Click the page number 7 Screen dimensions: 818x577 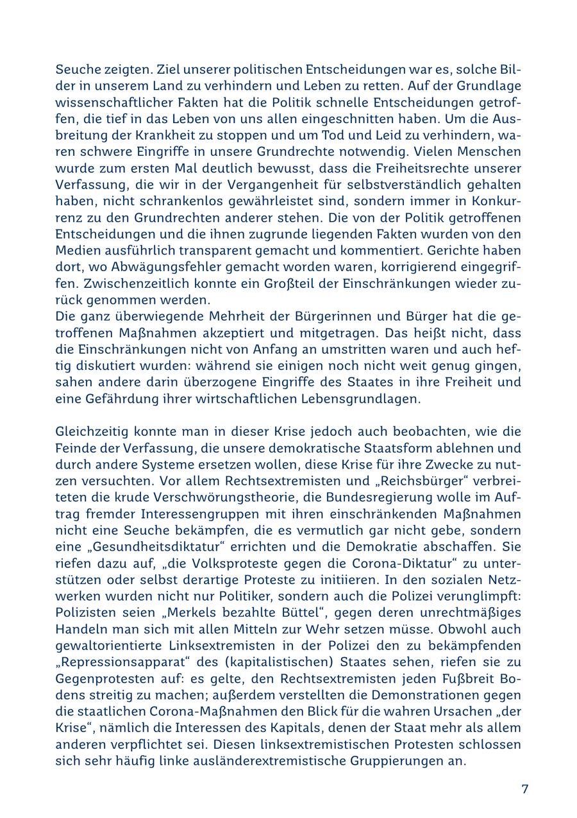[524, 789]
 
